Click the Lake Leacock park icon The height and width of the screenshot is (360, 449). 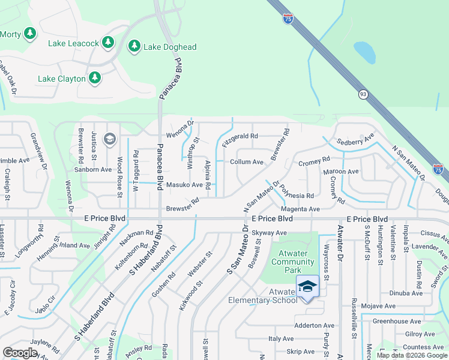(x=108, y=42)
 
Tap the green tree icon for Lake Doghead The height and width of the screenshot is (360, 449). (x=134, y=46)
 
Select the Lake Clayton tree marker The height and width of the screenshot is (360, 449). (x=94, y=78)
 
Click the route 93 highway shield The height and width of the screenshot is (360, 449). (x=363, y=94)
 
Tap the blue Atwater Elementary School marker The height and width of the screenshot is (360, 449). (x=307, y=287)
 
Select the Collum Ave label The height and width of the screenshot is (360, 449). (x=247, y=162)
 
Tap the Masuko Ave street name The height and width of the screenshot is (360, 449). (x=184, y=185)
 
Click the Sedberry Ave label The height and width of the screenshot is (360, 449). (x=355, y=140)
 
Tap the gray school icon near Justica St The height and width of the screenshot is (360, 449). (x=109, y=140)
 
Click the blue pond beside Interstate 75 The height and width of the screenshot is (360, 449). (x=364, y=52)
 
